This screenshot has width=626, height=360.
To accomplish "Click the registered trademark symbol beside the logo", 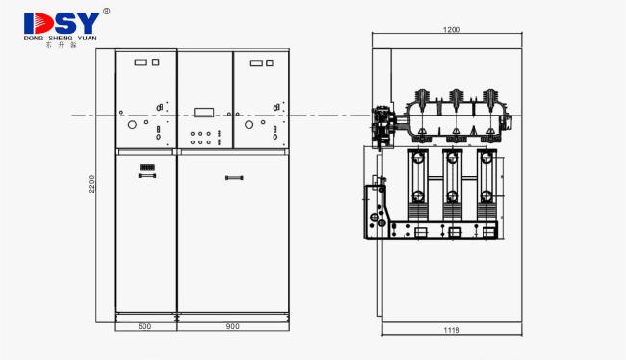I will [x=106, y=12].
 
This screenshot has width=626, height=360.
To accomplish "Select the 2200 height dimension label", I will [x=92, y=183].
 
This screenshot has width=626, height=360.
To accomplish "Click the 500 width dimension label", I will [x=145, y=327].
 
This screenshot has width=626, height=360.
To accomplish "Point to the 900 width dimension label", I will [x=232, y=327].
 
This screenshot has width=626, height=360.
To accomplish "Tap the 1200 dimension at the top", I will [x=451, y=30].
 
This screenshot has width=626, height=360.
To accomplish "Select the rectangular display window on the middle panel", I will [x=205, y=110].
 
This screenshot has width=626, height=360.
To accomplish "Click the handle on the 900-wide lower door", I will [x=233, y=176].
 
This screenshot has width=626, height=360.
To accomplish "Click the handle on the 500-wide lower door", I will [x=147, y=177].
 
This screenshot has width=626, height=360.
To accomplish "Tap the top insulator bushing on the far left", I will [x=420, y=100].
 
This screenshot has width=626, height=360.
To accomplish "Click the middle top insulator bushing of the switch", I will [x=455, y=100].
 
